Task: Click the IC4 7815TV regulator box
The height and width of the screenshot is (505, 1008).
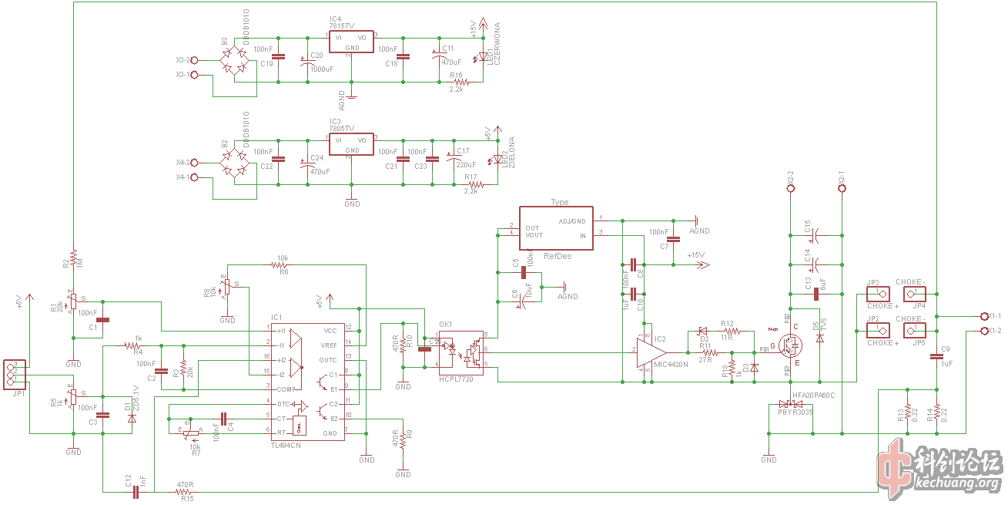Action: coord(352,42)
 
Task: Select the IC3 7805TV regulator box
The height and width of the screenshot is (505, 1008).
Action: coord(352,144)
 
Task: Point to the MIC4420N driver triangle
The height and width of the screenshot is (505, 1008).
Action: coord(649,352)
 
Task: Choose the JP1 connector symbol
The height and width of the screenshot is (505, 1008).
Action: coord(12,373)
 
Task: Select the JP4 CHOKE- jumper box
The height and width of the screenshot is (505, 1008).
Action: coord(913,294)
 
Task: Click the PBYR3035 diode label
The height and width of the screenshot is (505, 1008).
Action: coord(795,412)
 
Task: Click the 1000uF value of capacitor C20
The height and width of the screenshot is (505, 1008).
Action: coord(321,69)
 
